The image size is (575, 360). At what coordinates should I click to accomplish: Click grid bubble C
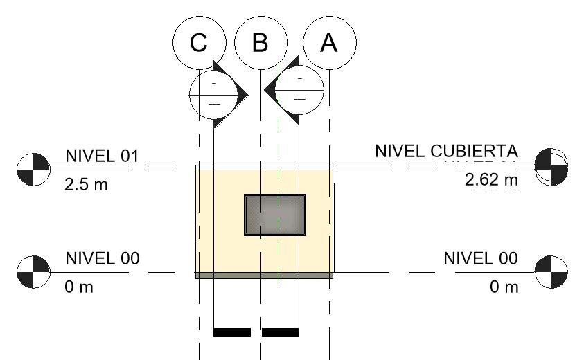(199, 43)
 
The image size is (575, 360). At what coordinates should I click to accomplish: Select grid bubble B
(260, 43)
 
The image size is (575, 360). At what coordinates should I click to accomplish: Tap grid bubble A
(328, 43)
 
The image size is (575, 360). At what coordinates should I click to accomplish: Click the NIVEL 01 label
(102, 156)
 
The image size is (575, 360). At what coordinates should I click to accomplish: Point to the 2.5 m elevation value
(87, 185)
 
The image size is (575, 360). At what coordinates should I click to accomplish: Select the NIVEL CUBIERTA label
(446, 151)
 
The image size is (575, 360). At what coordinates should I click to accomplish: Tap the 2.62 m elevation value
(491, 180)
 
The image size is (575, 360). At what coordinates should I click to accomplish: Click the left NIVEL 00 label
(102, 258)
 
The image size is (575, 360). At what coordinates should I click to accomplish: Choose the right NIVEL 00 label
(480, 258)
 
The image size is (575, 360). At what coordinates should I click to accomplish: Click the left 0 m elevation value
(79, 287)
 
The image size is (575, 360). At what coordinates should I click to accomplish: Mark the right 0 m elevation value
(504, 287)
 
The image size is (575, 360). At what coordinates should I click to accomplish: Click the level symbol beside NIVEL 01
(33, 168)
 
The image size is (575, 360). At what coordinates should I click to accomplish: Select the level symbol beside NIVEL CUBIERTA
(552, 167)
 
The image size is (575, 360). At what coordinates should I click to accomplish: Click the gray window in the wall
(274, 215)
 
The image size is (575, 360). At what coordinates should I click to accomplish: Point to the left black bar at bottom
(231, 332)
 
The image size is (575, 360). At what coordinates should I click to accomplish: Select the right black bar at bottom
(281, 332)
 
